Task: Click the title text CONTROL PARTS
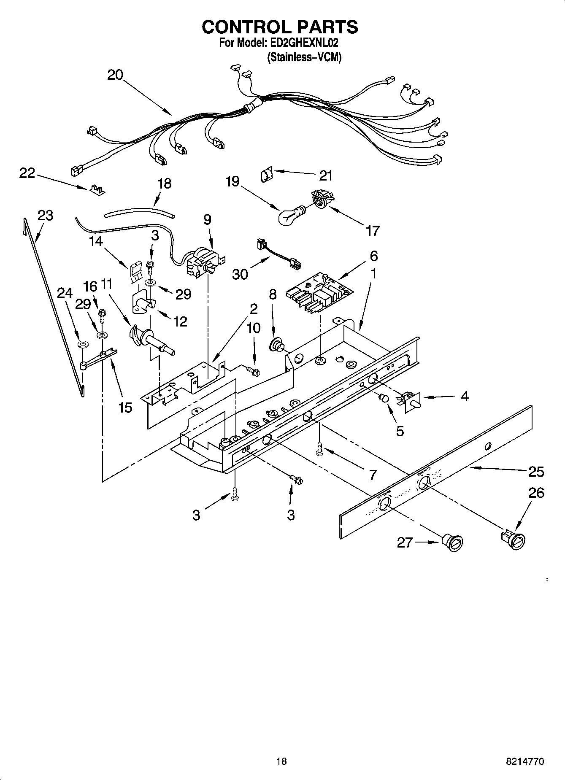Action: coord(280,27)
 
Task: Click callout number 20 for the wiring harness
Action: coord(115,75)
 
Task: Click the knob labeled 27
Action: coord(453,542)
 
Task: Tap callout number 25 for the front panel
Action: coord(536,471)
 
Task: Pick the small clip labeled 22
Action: coord(97,190)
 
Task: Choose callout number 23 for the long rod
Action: coord(45,215)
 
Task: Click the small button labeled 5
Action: coord(384,397)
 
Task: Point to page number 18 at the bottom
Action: coord(281,761)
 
